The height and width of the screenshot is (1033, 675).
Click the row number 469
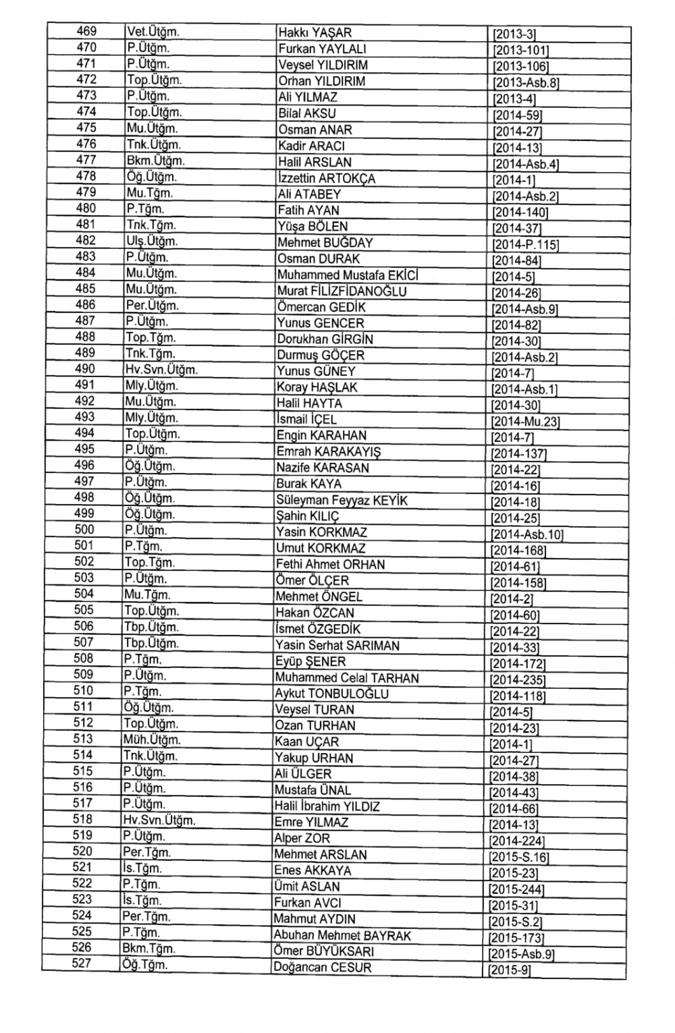(x=86, y=32)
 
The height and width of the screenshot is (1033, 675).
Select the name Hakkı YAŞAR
(x=315, y=33)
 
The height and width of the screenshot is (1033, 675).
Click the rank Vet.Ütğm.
(x=153, y=32)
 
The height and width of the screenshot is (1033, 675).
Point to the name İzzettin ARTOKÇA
(x=326, y=179)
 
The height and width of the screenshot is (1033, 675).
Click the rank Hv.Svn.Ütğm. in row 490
(x=161, y=370)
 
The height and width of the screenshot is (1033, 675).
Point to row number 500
(x=84, y=530)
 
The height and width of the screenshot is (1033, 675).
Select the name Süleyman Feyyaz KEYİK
(x=342, y=501)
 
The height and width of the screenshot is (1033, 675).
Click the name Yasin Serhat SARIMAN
(x=337, y=646)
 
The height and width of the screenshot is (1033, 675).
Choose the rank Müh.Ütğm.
(x=151, y=740)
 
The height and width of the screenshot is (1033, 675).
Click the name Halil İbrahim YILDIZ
(x=327, y=806)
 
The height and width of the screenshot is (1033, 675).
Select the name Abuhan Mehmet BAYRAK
(x=342, y=936)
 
